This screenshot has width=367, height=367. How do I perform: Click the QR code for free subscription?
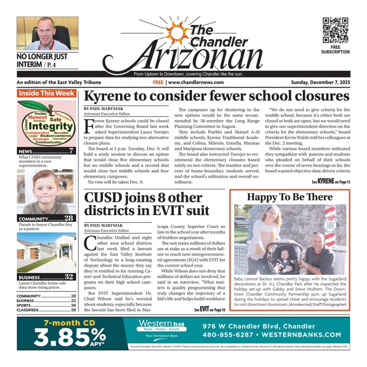pyautogui.click(x=335, y=30)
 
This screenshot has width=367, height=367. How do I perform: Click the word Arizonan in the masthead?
pyautogui.click(x=190, y=58)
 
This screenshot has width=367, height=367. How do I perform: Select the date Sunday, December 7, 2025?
pyautogui.click(x=320, y=82)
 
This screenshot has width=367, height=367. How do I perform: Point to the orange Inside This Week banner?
pyautogui.click(x=46, y=93)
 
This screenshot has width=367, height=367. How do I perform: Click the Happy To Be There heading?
pyautogui.click(x=289, y=197)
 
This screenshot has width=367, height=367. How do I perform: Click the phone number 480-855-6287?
pyautogui.click(x=226, y=335)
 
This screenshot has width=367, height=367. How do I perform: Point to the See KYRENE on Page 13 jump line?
pyautogui.click(x=331, y=181)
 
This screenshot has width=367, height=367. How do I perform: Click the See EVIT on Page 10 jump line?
pyautogui.click(x=209, y=309)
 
